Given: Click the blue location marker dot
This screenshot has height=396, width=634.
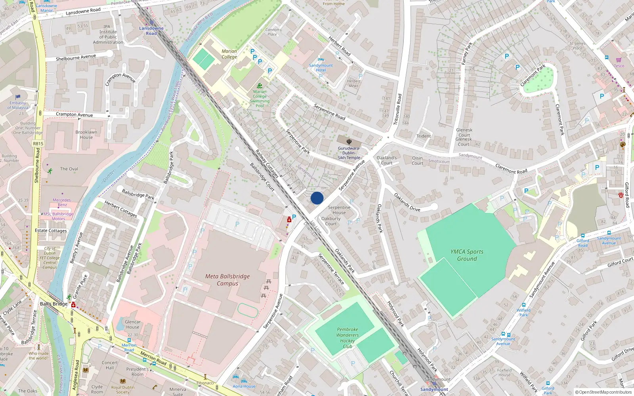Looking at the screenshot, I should pos(317,198).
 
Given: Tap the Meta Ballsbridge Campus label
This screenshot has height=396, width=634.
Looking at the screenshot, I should pos(227,280).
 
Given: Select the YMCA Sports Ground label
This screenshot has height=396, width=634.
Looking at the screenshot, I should pos(467,255).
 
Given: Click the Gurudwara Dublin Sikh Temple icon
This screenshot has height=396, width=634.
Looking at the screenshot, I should pos(349,141).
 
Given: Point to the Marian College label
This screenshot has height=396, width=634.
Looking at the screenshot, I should pos(229,54).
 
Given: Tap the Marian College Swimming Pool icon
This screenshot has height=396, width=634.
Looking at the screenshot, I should pos(260,86).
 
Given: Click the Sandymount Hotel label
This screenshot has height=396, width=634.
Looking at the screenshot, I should pos(321,68).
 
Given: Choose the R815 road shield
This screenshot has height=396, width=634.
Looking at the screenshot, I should pos(38,144).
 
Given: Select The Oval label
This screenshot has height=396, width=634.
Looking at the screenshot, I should pos(69,169).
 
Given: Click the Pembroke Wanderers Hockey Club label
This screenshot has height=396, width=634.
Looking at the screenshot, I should pos(348,338).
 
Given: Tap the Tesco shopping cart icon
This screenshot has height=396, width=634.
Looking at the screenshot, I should pos(619,60).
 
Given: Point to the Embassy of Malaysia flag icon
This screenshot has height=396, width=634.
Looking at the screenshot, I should pos(18,97).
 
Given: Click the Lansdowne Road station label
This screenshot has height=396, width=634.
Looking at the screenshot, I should pos(151,31).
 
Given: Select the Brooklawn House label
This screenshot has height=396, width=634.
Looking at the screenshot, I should pos(86,135).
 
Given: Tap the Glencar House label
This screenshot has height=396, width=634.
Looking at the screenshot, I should pos(132,324).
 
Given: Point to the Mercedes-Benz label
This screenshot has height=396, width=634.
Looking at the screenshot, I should pos(62,202).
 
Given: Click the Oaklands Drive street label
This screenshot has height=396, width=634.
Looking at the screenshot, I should pos(407,202).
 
